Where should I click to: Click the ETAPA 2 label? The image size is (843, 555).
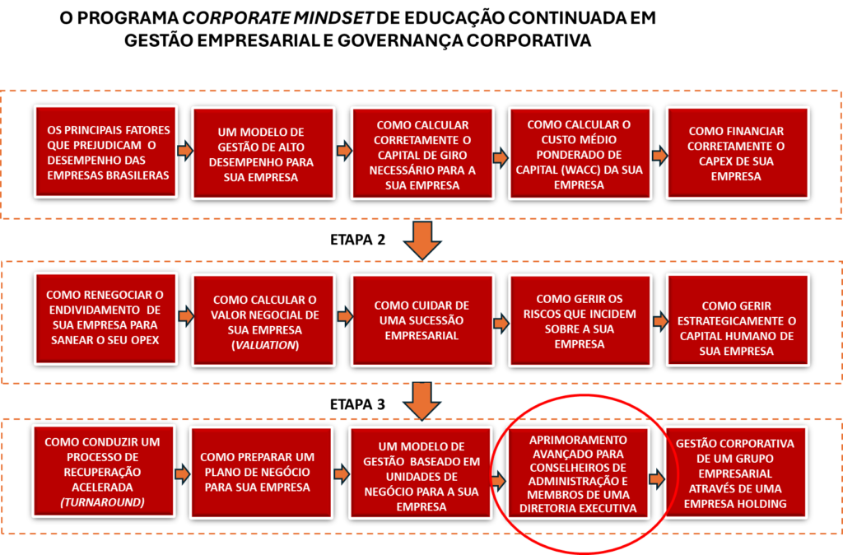(x=357, y=240)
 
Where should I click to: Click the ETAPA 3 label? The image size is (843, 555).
(x=357, y=404)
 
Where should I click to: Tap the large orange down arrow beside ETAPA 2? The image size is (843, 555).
(x=422, y=240)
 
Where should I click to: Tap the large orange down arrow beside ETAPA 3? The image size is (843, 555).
(x=422, y=401)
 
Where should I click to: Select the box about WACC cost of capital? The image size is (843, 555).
(x=580, y=154)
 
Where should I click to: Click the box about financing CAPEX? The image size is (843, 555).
(x=737, y=154)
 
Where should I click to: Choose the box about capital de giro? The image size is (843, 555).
(x=422, y=154)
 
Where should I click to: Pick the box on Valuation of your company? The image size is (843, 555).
(x=264, y=322)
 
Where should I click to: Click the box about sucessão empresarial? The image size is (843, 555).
(x=422, y=321)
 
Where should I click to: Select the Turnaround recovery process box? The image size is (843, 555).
(x=103, y=472)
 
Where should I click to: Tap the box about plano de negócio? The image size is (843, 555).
(x=261, y=472)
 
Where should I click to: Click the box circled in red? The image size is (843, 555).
(x=579, y=473)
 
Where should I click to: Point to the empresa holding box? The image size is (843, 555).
(x=735, y=473)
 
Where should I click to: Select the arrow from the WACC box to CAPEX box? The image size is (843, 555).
(x=659, y=156)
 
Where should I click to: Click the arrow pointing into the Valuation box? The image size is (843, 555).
(x=185, y=316)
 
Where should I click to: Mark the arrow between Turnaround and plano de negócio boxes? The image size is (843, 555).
(x=183, y=474)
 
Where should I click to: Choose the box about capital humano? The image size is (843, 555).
(x=737, y=321)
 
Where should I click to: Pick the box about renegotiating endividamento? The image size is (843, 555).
(x=105, y=319)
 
